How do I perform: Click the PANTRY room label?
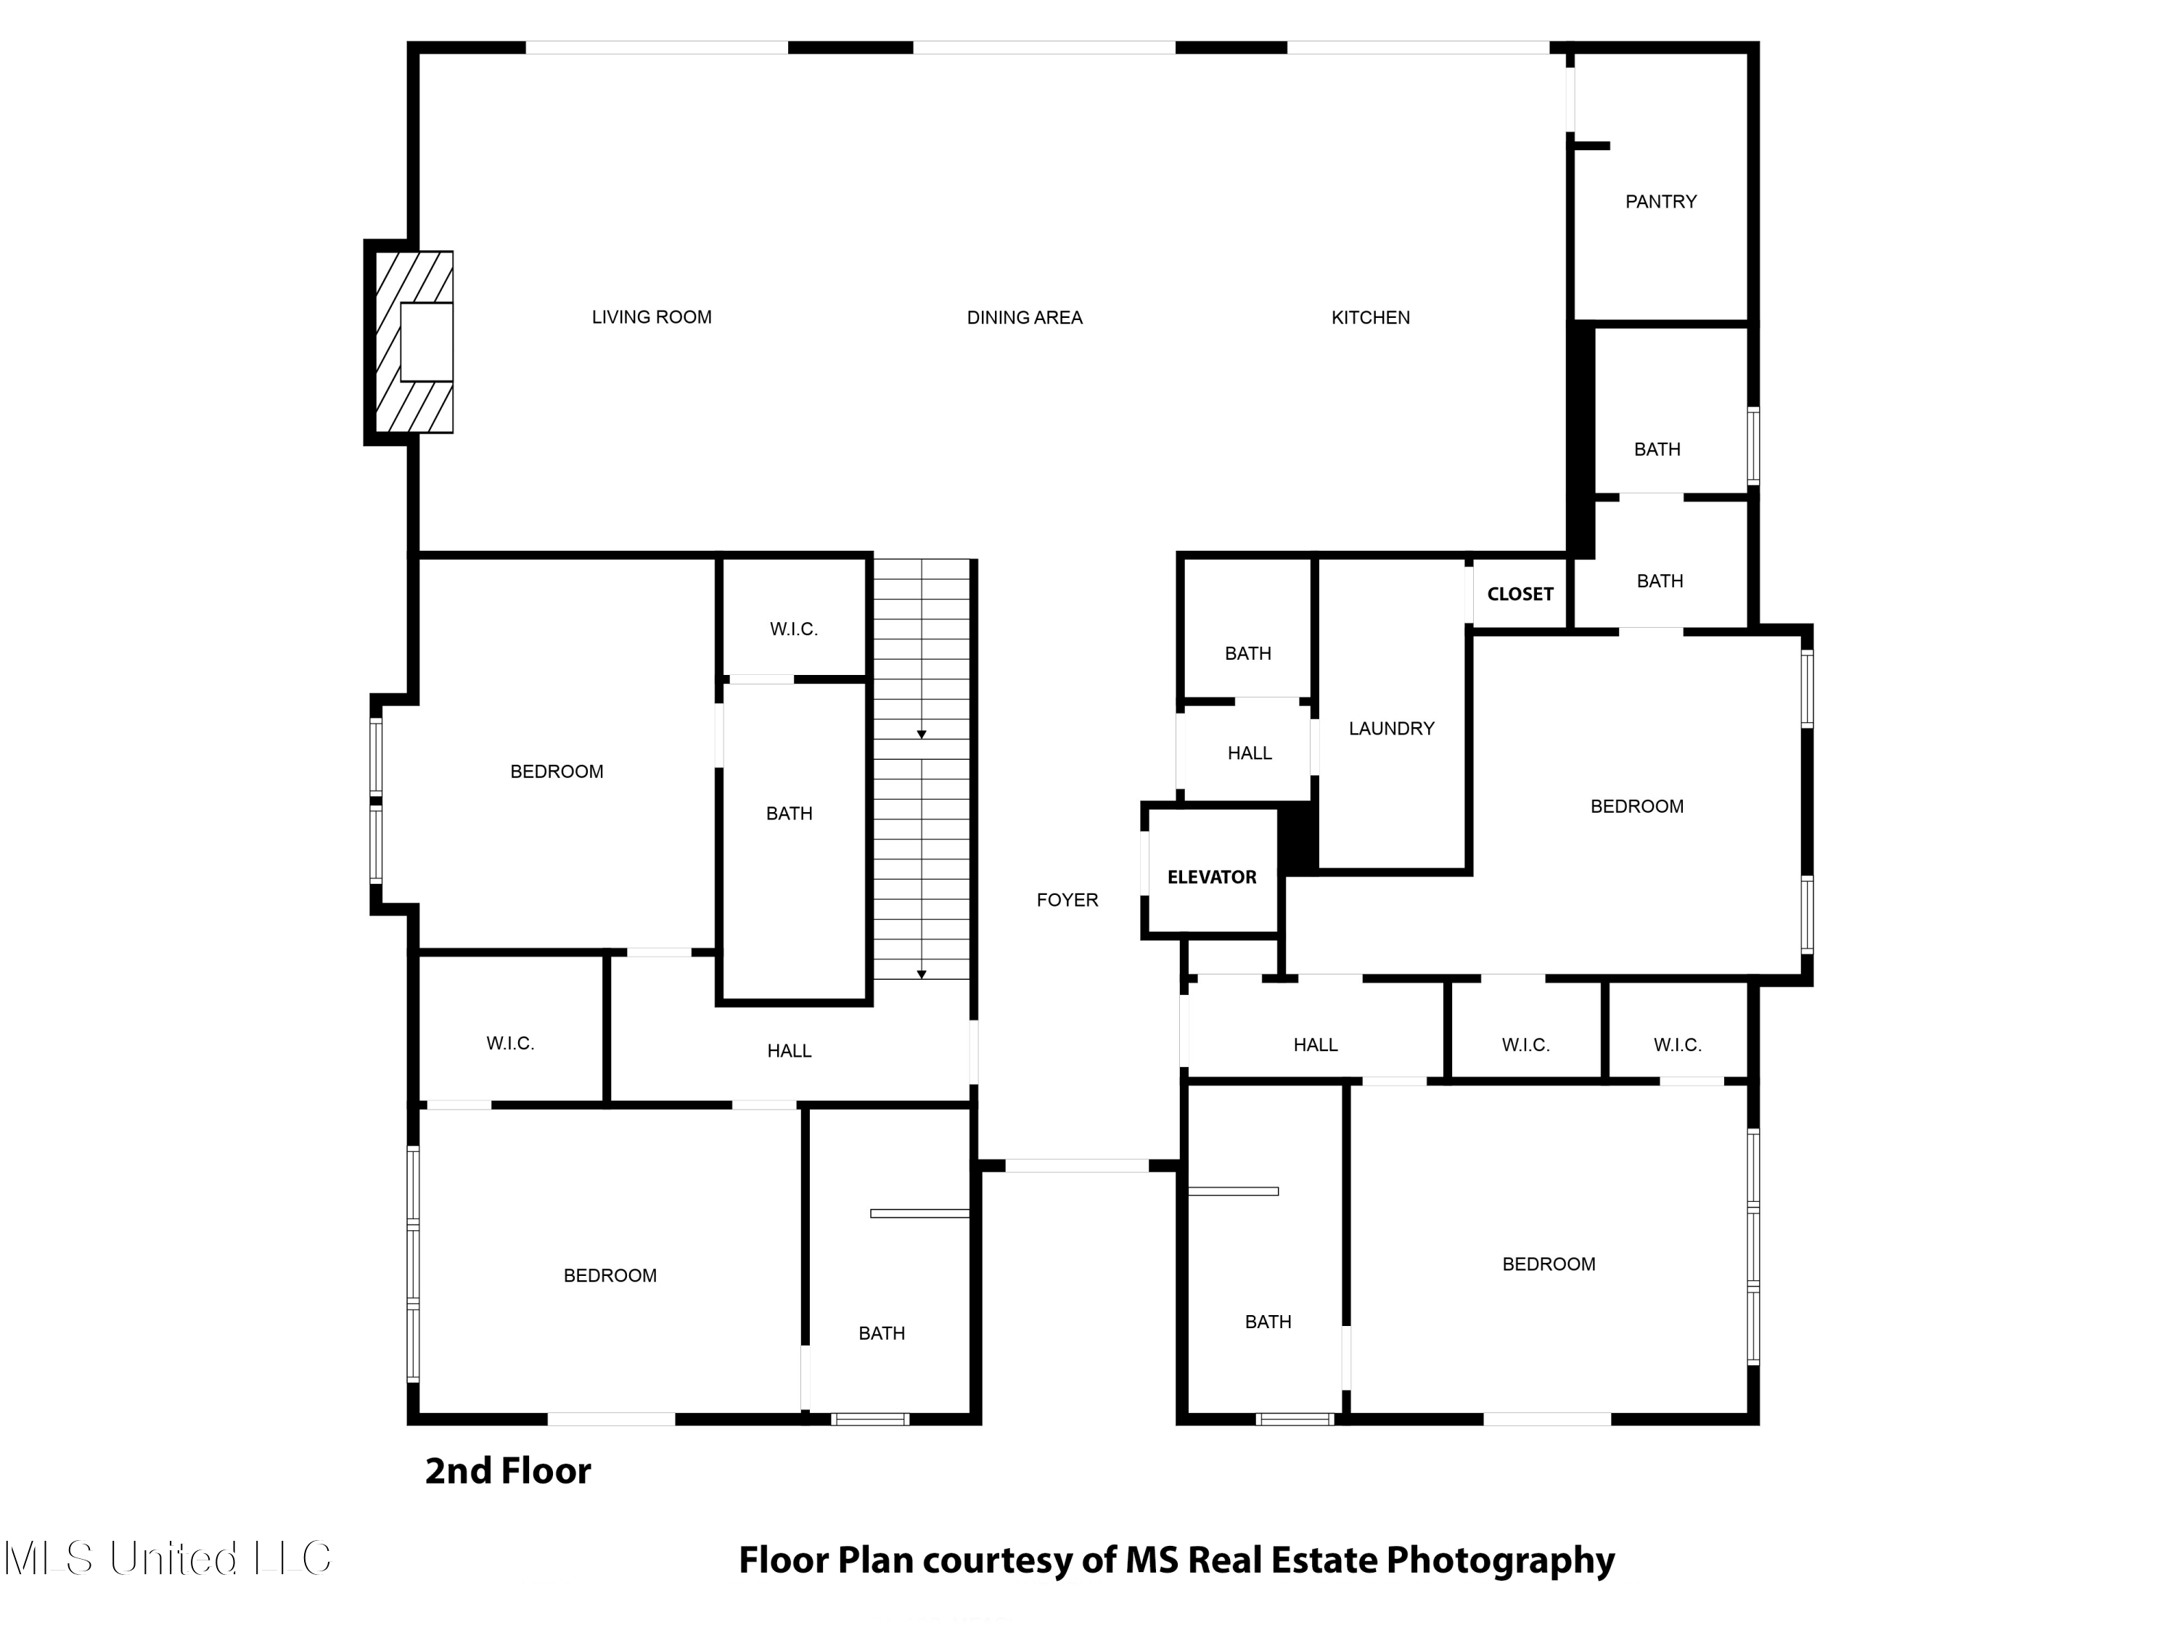pyautogui.click(x=1660, y=202)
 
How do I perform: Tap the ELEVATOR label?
pyautogui.click(x=1212, y=877)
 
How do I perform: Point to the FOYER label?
pyautogui.click(x=1067, y=900)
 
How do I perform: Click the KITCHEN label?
pyautogui.click(x=1370, y=318)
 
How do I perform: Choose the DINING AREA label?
pyautogui.click(x=1025, y=318)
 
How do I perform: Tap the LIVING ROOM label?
pyautogui.click(x=652, y=317)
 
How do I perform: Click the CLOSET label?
pyautogui.click(x=1520, y=594)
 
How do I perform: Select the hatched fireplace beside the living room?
pyautogui.click(x=414, y=342)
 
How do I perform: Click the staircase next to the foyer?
pyautogui.click(x=921, y=769)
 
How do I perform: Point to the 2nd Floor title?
pyautogui.click(x=508, y=1470)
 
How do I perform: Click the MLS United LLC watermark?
pyautogui.click(x=168, y=1558)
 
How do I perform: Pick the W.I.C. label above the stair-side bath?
pyautogui.click(x=793, y=629)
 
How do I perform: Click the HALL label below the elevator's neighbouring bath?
pyautogui.click(x=1249, y=753)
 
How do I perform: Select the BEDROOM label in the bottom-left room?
pyautogui.click(x=610, y=1276)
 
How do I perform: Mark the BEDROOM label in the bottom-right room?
pyautogui.click(x=1548, y=1264)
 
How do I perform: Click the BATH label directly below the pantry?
pyautogui.click(x=1657, y=449)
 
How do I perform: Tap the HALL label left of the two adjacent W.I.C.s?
pyautogui.click(x=1315, y=1044)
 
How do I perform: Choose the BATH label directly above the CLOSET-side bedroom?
pyautogui.click(x=1660, y=581)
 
